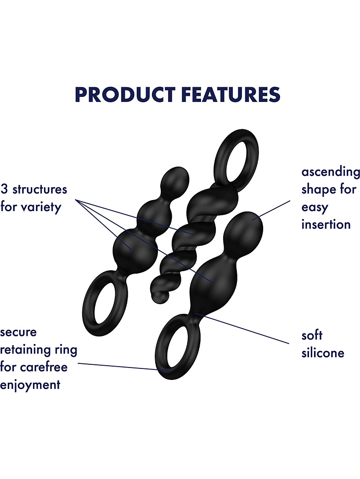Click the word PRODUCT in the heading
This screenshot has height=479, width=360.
click(x=124, y=94)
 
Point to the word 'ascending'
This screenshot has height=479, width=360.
click(x=331, y=172)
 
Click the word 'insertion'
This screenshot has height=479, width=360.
click(x=326, y=225)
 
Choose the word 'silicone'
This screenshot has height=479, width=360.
click(x=323, y=353)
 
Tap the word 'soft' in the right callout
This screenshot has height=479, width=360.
click(x=312, y=335)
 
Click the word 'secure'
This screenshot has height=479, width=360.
click(x=18, y=332)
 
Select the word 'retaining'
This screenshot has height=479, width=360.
click(x=26, y=350)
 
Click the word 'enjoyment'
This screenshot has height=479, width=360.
click(x=30, y=384)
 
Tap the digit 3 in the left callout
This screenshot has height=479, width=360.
click(x=5, y=189)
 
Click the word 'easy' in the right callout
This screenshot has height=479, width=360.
click(x=315, y=207)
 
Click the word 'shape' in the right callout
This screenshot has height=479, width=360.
click(x=317, y=189)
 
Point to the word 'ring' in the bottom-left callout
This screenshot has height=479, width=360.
click(x=66, y=350)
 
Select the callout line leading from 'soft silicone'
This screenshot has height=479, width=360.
click(x=243, y=328)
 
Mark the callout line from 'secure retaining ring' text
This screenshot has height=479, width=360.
click(x=119, y=366)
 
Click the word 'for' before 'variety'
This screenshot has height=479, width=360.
click(x=8, y=207)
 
